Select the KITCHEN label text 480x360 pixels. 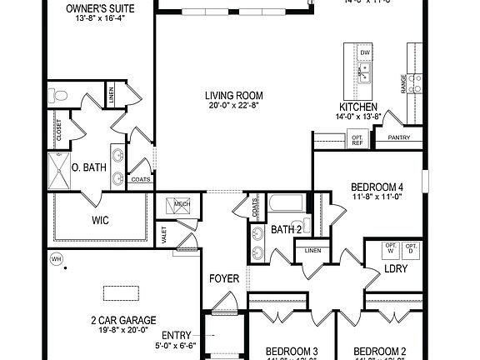pyautogui.click(x=359, y=107)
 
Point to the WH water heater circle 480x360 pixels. pyautogui.click(x=57, y=258)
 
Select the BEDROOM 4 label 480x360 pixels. pyautogui.click(x=377, y=187)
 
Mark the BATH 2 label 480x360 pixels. pyautogui.click(x=286, y=229)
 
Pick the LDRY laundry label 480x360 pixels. pyautogui.click(x=394, y=271)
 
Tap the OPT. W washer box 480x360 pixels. pyautogui.click(x=389, y=247)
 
